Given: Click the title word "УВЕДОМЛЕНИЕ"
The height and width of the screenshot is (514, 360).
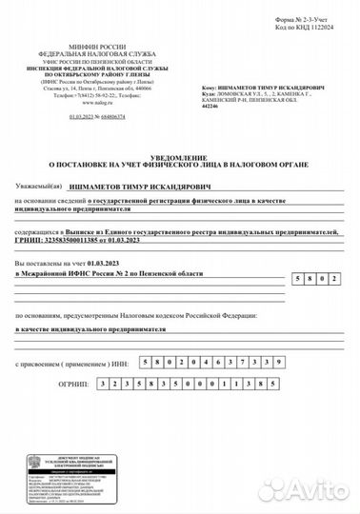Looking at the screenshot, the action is tap(180, 156).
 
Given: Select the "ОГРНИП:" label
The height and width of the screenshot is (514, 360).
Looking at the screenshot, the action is tap(99, 384).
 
